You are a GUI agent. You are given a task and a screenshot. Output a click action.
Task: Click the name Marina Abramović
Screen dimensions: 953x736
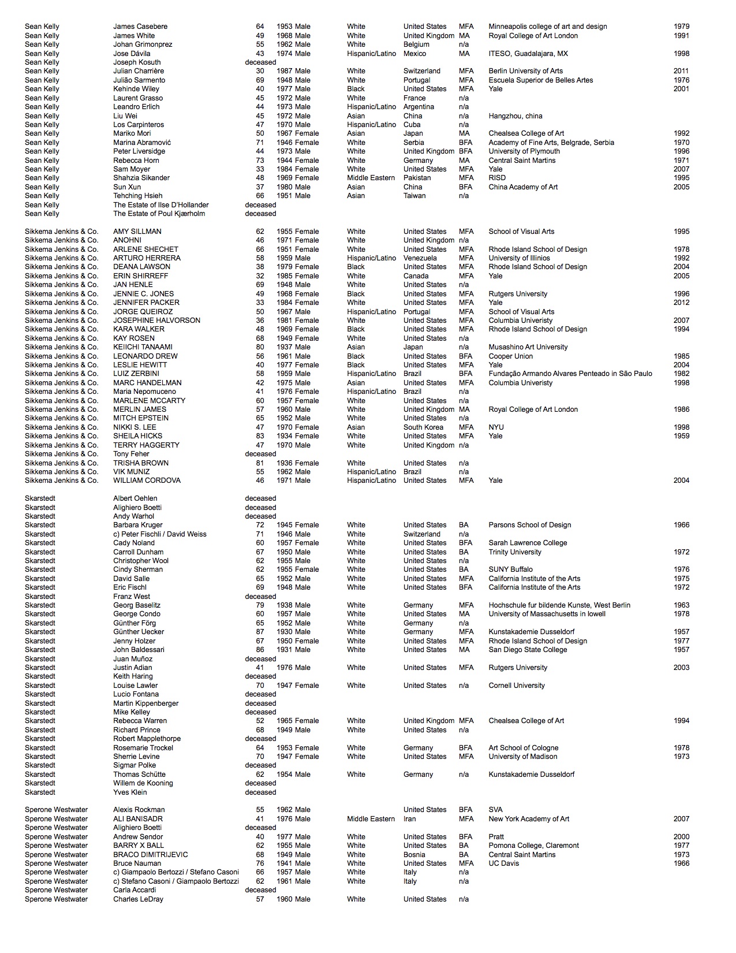[142, 143]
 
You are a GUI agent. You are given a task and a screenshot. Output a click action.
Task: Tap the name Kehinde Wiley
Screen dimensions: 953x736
[136, 89]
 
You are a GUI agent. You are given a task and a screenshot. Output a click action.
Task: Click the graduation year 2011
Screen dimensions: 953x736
[681, 71]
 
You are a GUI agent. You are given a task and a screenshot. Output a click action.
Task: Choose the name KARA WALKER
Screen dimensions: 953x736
[139, 329]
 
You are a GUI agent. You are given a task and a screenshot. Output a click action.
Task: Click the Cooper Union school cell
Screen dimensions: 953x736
[510, 356]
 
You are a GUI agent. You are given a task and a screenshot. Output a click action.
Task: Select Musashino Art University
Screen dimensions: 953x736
[528, 347]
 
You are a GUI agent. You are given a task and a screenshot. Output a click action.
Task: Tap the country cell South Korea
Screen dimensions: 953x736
[423, 427]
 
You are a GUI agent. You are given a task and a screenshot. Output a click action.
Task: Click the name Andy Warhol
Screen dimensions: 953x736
[133, 516]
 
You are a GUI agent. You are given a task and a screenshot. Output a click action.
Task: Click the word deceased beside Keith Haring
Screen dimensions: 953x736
[260, 676]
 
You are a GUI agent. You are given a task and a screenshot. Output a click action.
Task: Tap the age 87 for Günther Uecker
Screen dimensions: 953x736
[260, 632]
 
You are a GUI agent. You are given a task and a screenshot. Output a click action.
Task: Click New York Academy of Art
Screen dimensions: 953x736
[529, 819]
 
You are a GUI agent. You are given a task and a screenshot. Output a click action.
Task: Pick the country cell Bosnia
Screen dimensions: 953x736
[414, 855]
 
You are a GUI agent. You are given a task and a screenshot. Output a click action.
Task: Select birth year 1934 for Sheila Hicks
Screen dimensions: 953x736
[284, 436]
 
